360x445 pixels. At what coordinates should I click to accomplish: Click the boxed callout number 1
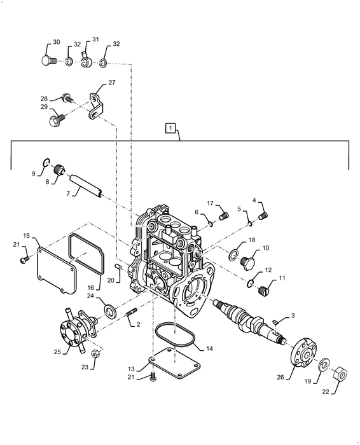click(170, 128)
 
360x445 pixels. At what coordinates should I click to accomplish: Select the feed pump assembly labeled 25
click(75, 331)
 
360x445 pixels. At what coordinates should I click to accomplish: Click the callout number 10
click(265, 249)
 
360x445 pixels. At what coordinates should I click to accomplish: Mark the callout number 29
click(44, 107)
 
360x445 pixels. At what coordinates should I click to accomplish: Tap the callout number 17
click(209, 203)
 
